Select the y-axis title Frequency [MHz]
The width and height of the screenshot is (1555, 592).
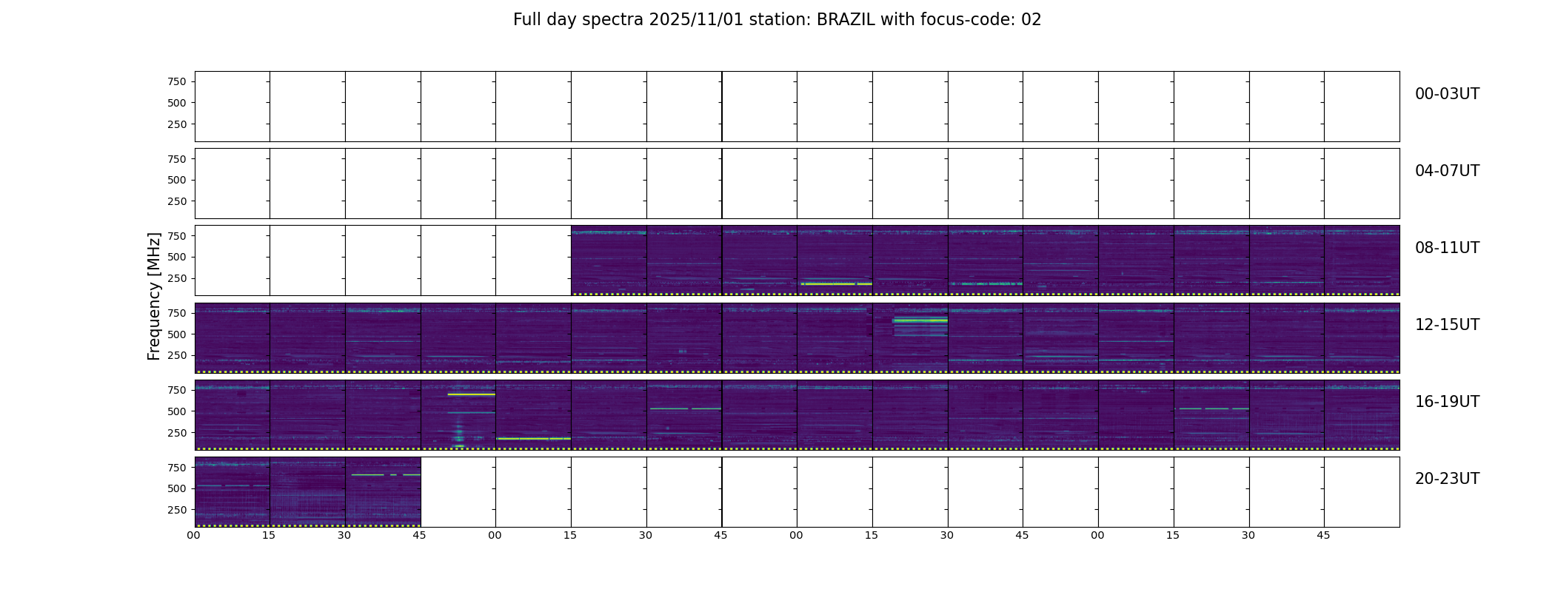click(154, 296)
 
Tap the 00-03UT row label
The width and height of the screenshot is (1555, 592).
click(1447, 94)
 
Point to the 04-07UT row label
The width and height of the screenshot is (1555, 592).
click(1447, 171)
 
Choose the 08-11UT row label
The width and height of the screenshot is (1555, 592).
click(1447, 248)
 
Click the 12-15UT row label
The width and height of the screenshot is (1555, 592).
click(1447, 325)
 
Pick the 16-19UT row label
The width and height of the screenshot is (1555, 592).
click(1447, 402)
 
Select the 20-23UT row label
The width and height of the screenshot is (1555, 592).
click(1447, 479)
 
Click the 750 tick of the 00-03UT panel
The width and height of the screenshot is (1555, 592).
click(177, 81)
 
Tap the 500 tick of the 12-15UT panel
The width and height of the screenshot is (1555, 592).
click(177, 334)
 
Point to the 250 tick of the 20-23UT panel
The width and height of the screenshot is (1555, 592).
click(177, 510)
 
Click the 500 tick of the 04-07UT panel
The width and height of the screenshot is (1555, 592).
click(177, 180)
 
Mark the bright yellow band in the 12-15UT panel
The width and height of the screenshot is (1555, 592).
click(920, 320)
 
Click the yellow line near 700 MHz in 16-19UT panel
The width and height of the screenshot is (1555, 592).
click(471, 394)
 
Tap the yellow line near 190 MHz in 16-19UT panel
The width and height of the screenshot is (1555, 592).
click(533, 439)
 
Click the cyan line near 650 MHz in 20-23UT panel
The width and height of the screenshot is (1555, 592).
click(386, 474)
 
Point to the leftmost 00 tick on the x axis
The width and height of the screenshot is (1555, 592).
click(194, 535)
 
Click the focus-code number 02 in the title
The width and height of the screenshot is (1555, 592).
click(1031, 20)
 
